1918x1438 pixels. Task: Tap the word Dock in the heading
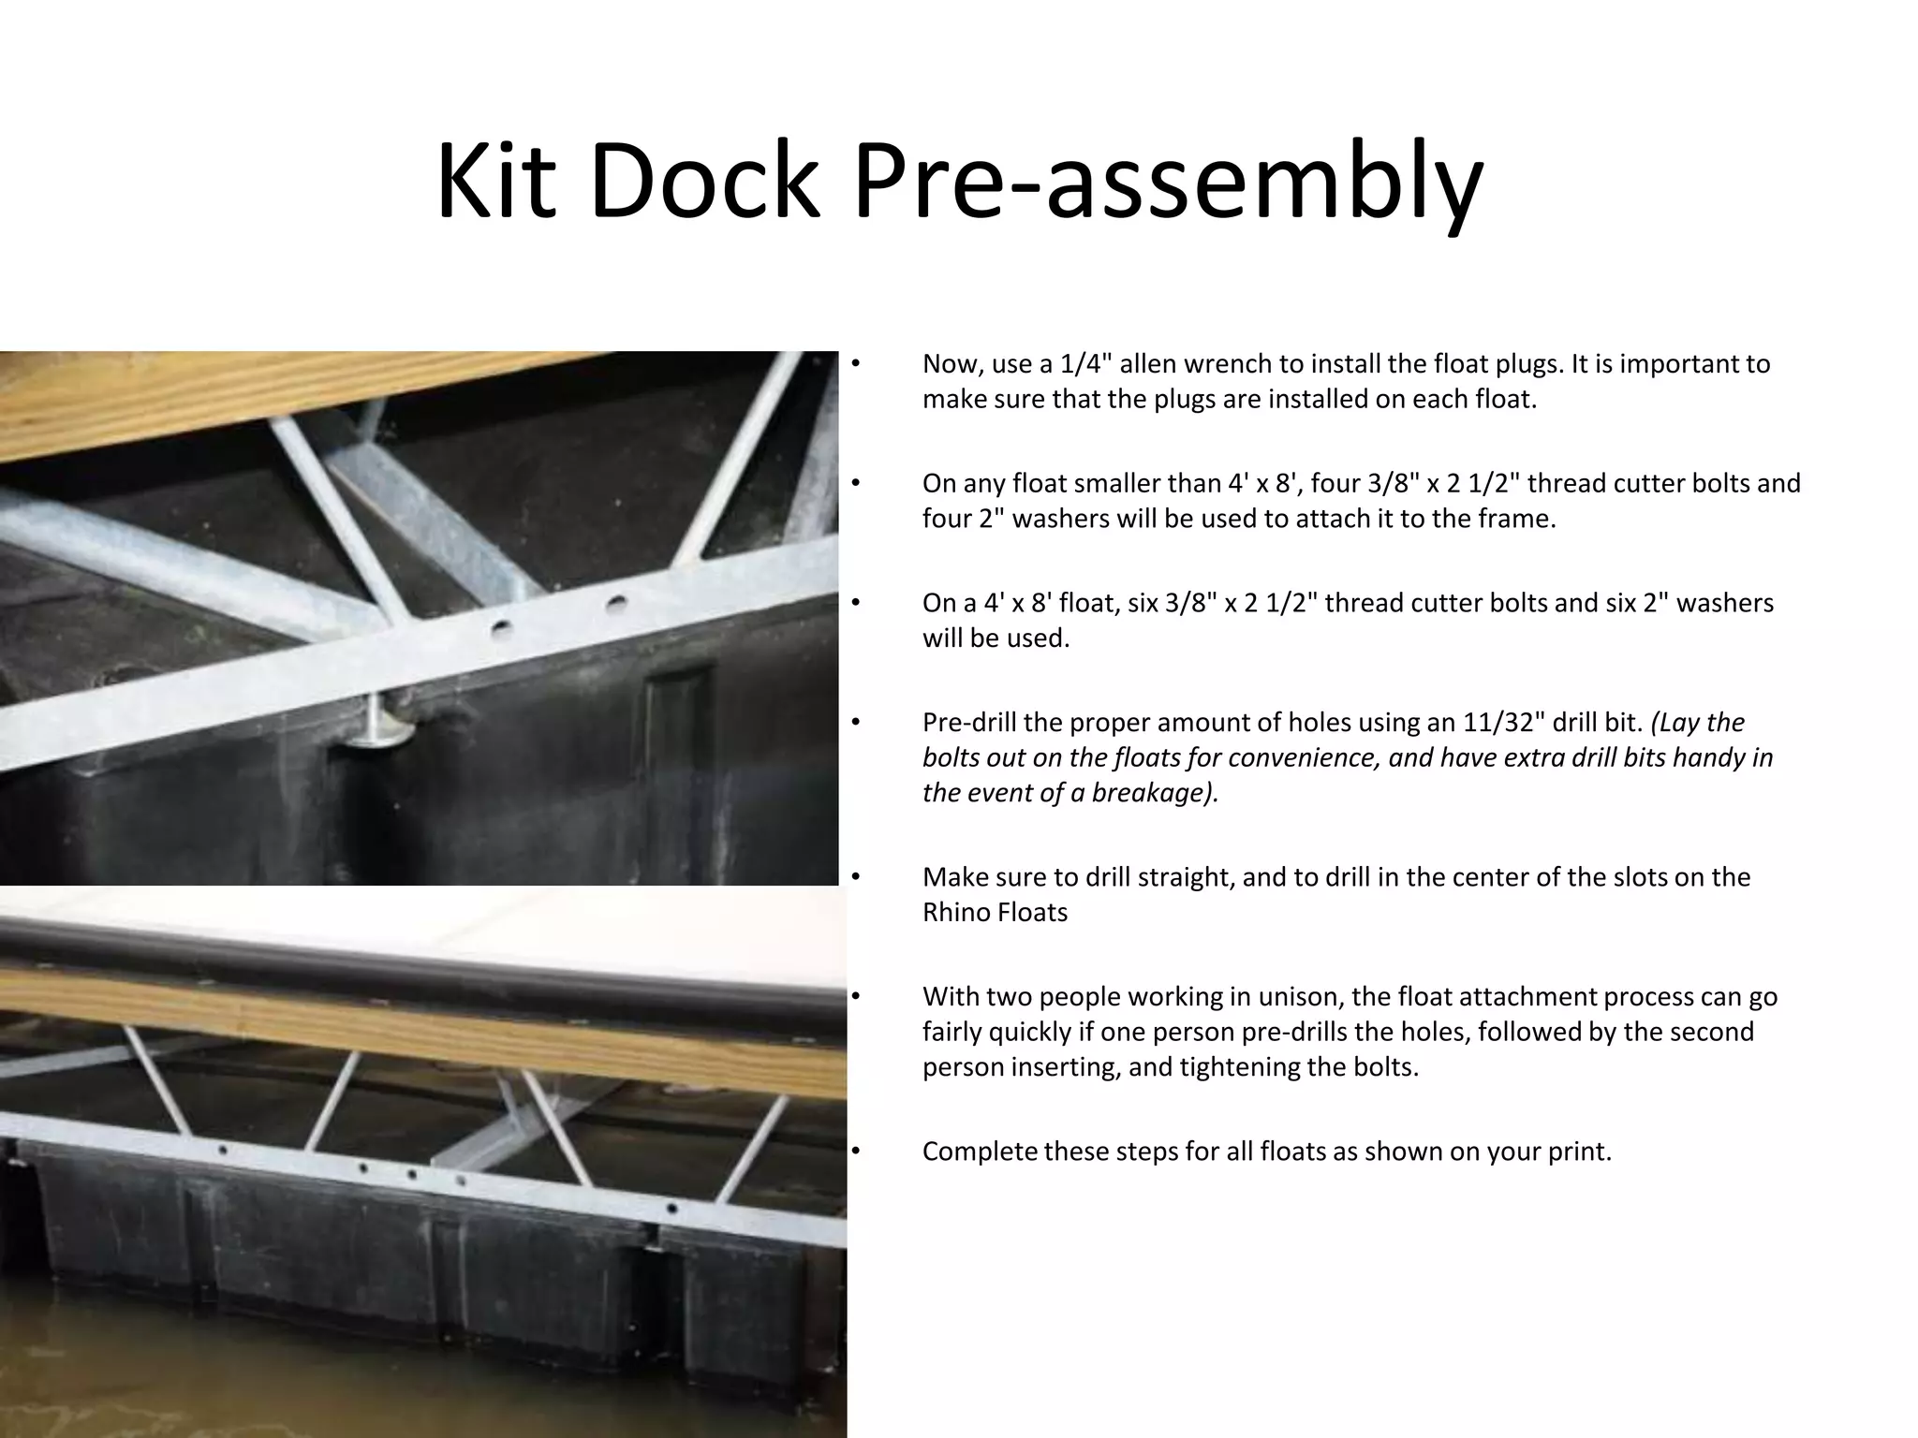click(703, 181)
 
